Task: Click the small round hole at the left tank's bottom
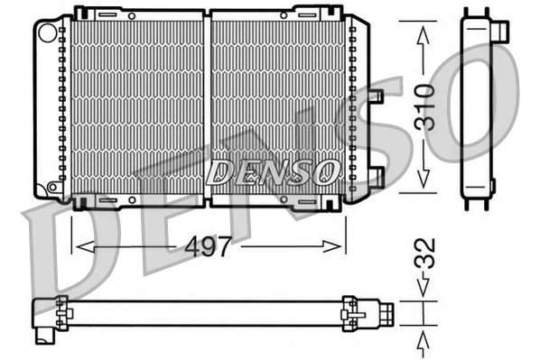52,187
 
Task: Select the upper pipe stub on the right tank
377,95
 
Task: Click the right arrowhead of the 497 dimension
338,245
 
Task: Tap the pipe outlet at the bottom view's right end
386,315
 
